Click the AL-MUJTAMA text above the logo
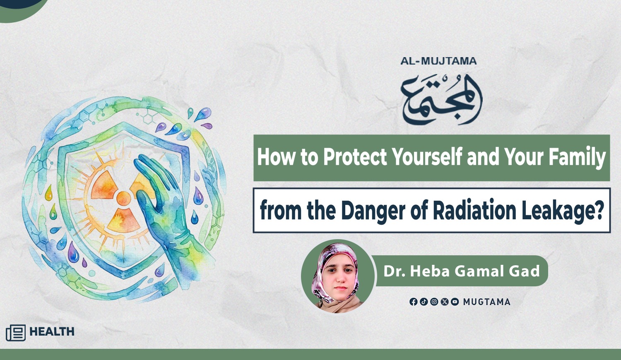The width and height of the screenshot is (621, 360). pos(438,61)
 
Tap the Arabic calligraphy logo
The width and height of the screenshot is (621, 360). pos(442,99)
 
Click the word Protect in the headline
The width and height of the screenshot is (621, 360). pos(355,157)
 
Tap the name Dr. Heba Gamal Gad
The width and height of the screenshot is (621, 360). pos(462,271)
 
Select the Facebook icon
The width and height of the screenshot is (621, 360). pos(413,302)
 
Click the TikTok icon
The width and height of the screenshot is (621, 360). pos(424,302)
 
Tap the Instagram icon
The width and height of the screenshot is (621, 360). pos(434,302)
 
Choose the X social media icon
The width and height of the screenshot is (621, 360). pos(444,302)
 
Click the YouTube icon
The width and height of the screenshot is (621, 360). pos(455,302)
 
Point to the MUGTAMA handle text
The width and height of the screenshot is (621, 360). pos(486,302)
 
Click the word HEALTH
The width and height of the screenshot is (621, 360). pos(52,332)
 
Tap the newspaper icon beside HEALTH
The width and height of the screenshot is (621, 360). pos(16,333)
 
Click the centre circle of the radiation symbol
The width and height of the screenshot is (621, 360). pos(124,199)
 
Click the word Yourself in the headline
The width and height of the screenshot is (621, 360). pos(427,157)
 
